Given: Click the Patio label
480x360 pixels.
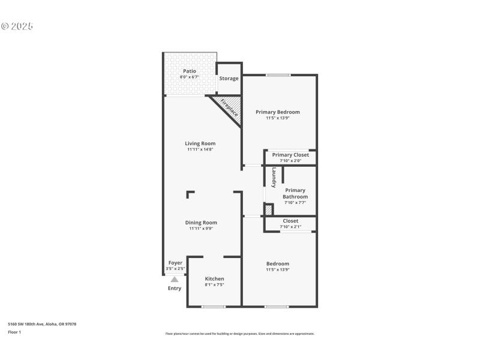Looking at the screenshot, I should coord(189,71).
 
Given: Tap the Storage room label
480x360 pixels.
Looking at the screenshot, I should coord(229,79).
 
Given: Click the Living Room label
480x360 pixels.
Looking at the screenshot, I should coord(200,143).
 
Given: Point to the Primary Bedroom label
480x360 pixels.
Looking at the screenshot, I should coord(277,112).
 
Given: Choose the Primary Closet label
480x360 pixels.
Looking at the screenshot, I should coord(290,155).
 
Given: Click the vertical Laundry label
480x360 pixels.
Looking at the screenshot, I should coord(274,177).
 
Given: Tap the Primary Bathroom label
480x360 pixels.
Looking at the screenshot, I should coord(295,193).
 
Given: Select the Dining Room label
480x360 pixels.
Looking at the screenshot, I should coord(201,223).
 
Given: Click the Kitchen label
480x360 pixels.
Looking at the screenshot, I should coord(214,278).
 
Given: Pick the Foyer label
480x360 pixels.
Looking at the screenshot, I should coord(175,263).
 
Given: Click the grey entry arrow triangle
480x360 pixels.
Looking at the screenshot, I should coord(175,279).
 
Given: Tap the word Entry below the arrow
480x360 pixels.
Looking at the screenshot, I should coord(174,289).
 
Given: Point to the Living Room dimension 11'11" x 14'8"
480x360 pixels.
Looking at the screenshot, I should coord(200,149).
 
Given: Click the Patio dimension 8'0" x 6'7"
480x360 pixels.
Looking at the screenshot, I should coord(189,77).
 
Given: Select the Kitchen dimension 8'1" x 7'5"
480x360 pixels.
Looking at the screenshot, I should coord(214,284).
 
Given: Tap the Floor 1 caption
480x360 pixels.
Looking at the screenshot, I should coord(14,332).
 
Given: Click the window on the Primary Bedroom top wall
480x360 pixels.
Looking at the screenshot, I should coord(278,75).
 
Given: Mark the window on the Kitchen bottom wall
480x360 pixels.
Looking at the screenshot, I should coord(213,307).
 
